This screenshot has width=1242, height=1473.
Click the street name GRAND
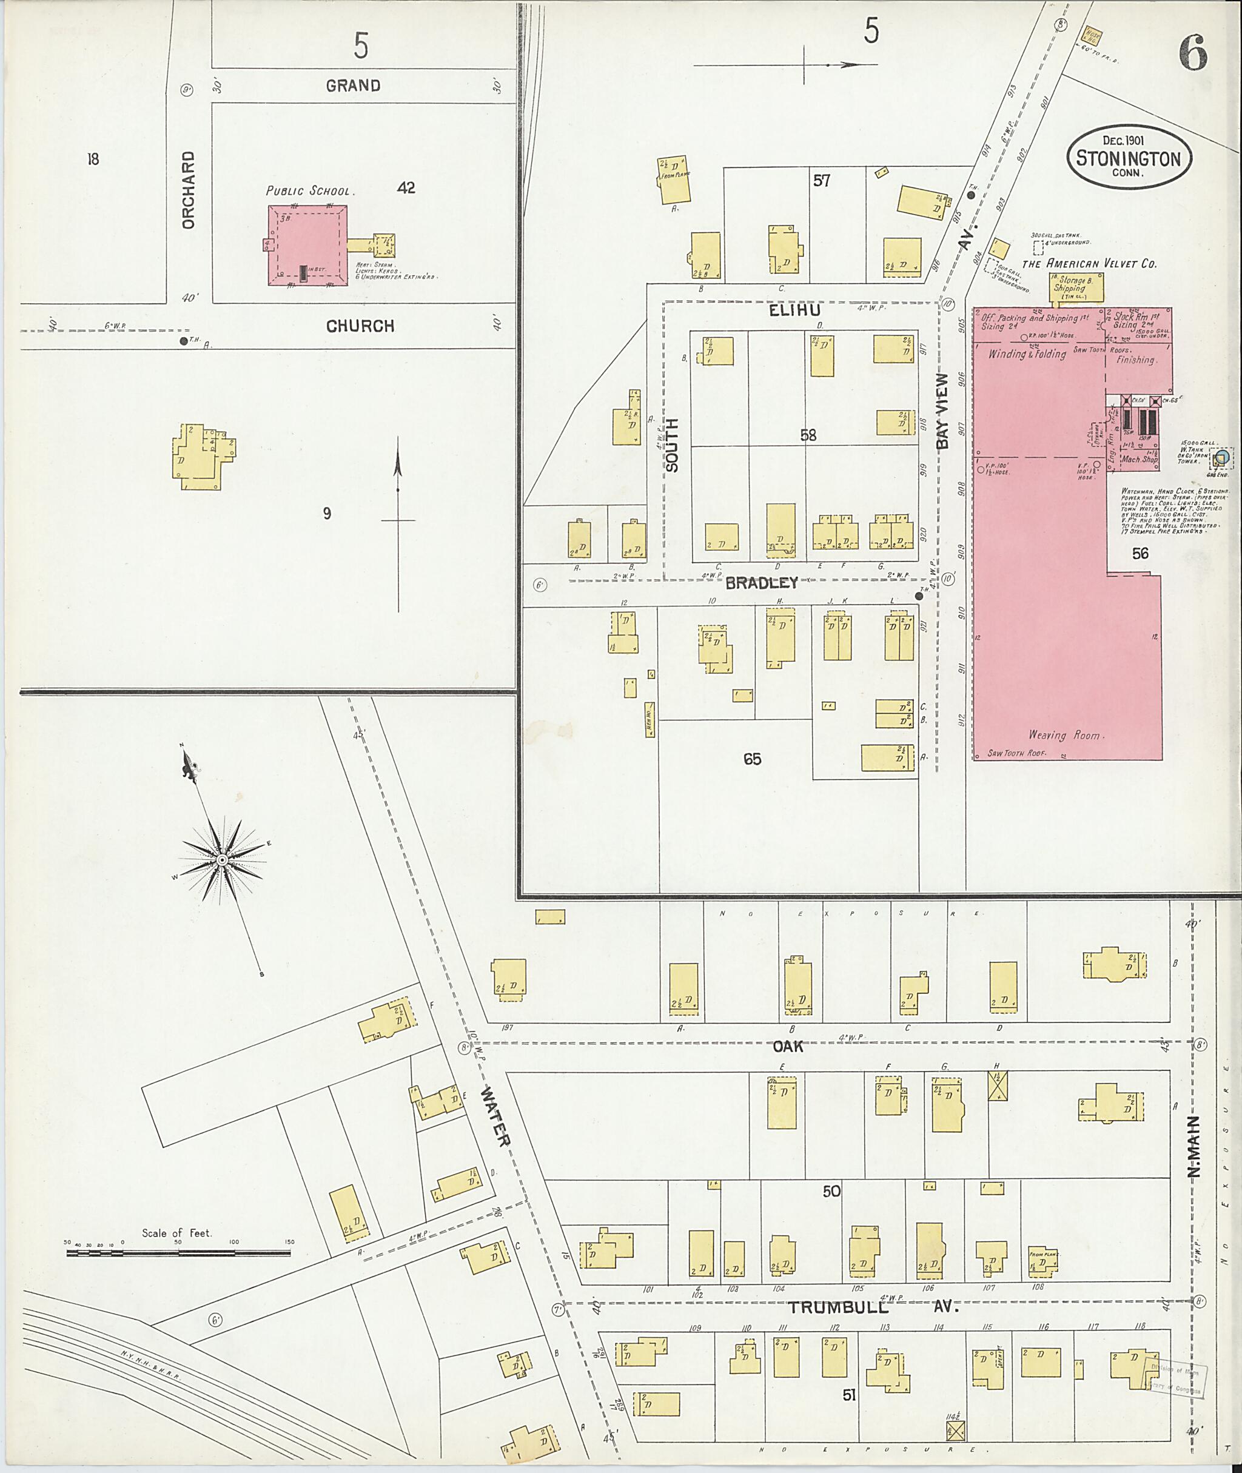pyautogui.click(x=353, y=85)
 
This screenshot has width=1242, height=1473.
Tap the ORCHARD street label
pyautogui.click(x=187, y=189)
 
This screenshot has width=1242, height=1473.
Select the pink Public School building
pyautogui.click(x=307, y=245)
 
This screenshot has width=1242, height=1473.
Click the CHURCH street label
pyautogui.click(x=360, y=326)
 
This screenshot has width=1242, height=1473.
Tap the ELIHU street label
pyautogui.click(x=794, y=310)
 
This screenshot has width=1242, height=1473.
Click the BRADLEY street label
pyautogui.click(x=761, y=582)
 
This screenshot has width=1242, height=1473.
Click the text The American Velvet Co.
pyautogui.click(x=1089, y=263)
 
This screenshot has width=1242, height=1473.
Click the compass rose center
pyautogui.click(x=221, y=861)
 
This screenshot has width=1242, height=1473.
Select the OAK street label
pyautogui.click(x=787, y=1047)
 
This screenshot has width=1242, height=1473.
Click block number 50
pyautogui.click(x=831, y=1192)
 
